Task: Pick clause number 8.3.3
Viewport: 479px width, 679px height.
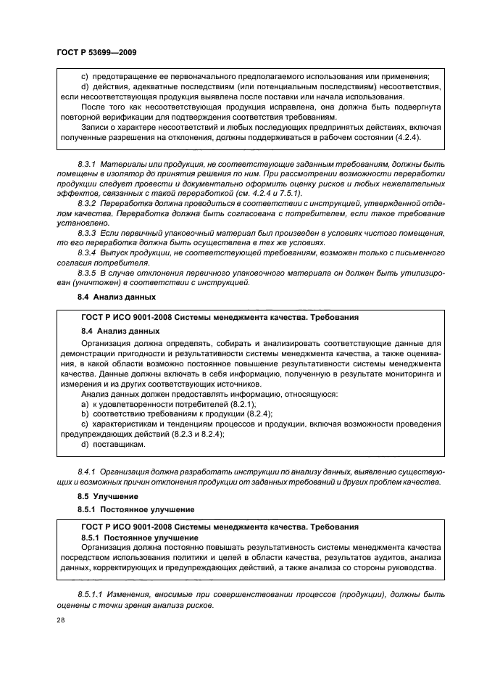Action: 88,233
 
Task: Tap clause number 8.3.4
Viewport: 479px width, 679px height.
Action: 88,253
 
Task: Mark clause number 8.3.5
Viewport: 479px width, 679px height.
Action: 88,273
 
